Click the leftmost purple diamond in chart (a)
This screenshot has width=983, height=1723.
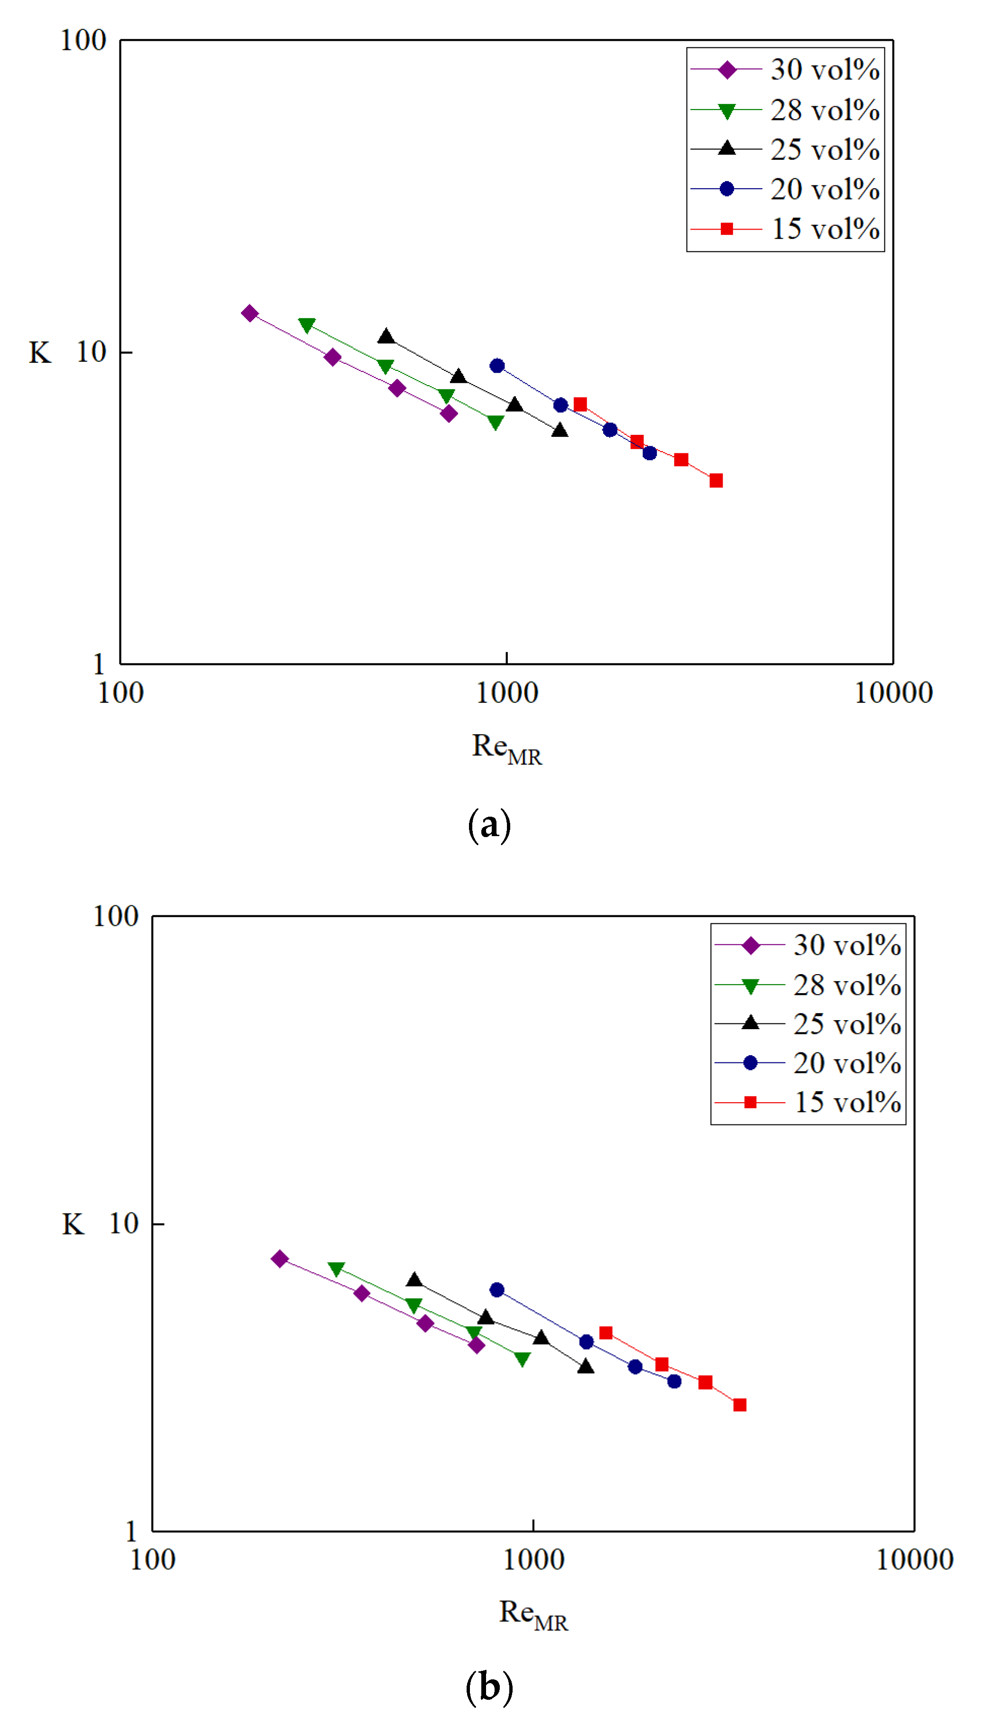coord(250,313)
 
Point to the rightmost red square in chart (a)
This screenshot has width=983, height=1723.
coord(717,481)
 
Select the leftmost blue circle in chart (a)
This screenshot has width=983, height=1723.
coord(497,366)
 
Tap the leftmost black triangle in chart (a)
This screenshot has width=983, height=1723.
coord(386,336)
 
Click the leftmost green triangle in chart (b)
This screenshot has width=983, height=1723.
coord(336,1269)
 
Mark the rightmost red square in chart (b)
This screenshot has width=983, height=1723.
coord(740,1405)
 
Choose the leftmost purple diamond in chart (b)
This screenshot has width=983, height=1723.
coord(279,1259)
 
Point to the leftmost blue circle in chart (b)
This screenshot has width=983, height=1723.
coord(497,1290)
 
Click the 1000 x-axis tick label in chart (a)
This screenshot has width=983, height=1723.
coord(507,693)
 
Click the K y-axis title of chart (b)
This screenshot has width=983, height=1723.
coord(73,1224)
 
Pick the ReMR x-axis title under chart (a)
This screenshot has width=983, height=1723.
coord(507,748)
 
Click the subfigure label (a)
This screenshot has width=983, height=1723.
coord(489,825)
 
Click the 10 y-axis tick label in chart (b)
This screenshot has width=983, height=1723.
coord(124,1224)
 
